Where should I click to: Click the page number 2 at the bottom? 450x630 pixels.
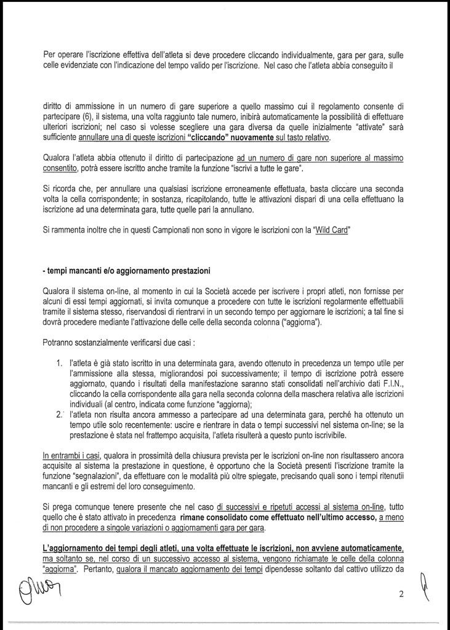400,594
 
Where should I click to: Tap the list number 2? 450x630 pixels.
60,415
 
